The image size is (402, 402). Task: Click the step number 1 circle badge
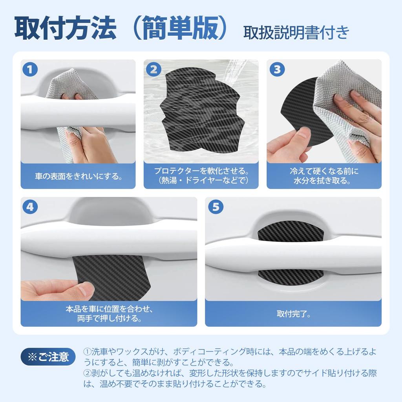tap(30, 70)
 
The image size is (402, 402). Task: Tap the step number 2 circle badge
tap(153, 70)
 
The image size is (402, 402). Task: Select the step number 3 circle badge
tap(276, 70)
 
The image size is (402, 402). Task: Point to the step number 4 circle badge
tap(30, 207)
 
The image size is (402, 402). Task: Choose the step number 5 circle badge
tap(215, 207)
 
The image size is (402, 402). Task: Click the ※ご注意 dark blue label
tap(48, 356)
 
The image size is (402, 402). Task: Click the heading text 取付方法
tap(65, 28)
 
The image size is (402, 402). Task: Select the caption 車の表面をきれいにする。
tap(78, 176)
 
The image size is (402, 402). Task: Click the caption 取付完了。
tap(293, 314)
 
